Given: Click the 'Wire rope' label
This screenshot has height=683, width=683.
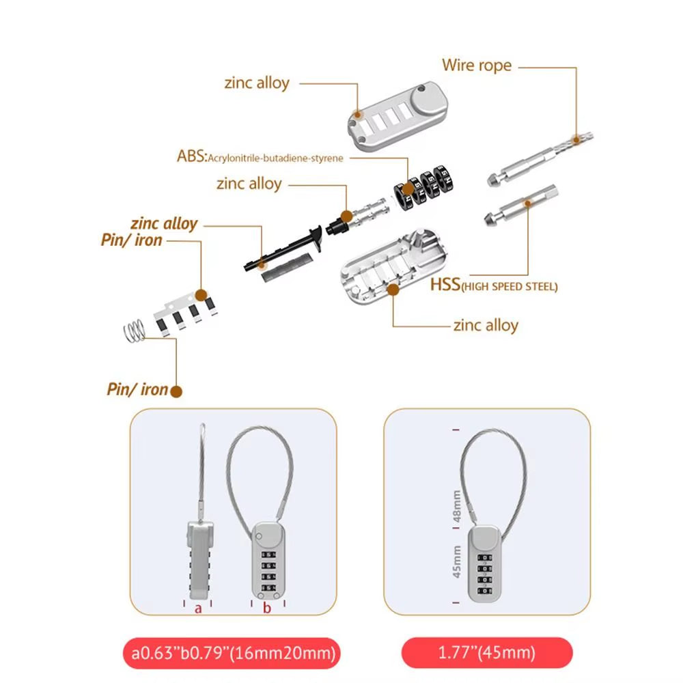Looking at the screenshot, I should (476, 66).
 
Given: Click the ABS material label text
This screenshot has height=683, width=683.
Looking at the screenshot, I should (260, 157).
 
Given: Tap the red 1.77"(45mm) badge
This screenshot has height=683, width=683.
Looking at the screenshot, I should (487, 652).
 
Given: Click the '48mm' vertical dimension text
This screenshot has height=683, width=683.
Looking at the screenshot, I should (457, 508).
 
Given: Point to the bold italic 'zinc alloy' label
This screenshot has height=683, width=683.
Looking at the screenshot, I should (164, 223).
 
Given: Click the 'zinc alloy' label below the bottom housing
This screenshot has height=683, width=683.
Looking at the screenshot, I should (485, 325).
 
